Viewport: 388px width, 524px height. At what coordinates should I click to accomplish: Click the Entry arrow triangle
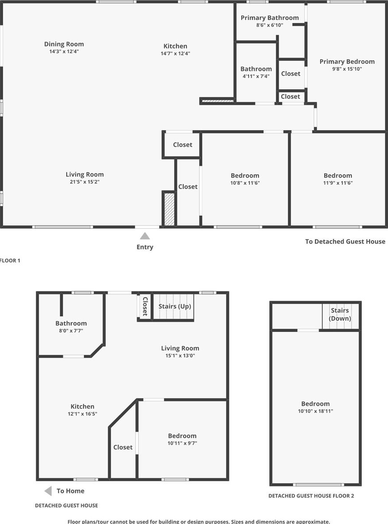(145, 236)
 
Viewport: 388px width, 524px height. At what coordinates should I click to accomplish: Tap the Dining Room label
(64, 44)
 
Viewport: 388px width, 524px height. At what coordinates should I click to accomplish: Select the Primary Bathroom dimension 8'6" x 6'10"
(270, 25)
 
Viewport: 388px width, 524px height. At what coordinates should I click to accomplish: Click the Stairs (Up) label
(175, 306)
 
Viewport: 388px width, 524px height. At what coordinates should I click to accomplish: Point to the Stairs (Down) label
(340, 314)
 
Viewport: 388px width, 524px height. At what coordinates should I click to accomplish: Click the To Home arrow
(48, 491)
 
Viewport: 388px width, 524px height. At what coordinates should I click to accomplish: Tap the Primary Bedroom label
(347, 62)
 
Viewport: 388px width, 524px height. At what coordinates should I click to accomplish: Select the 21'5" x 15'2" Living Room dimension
(85, 182)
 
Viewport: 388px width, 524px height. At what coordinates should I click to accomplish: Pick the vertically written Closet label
(145, 306)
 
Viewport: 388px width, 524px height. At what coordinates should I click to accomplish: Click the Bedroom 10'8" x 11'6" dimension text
(245, 183)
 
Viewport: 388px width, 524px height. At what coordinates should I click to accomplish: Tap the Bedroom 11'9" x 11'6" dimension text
(338, 183)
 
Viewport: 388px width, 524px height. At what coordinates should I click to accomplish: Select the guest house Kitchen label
(82, 406)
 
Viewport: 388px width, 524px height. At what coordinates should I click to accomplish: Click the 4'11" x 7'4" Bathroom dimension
(256, 76)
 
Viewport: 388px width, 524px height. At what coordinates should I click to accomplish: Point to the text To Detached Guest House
(345, 241)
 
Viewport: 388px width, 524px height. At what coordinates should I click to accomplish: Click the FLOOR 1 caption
(10, 260)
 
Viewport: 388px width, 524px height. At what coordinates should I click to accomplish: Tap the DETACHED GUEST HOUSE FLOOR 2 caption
(311, 496)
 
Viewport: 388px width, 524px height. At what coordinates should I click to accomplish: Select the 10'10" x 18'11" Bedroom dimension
(316, 411)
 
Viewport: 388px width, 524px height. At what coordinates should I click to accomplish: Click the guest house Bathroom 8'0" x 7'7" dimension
(71, 331)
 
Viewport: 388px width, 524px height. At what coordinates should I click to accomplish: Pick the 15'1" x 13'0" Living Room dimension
(180, 356)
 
